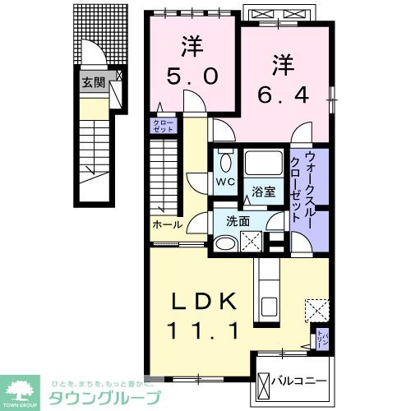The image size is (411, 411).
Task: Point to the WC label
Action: tap(222, 181)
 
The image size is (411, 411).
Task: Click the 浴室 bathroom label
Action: tap(264, 194)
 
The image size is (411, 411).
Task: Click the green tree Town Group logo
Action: tap(23, 390)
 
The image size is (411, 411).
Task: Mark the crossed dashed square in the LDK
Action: tap(316, 311)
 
